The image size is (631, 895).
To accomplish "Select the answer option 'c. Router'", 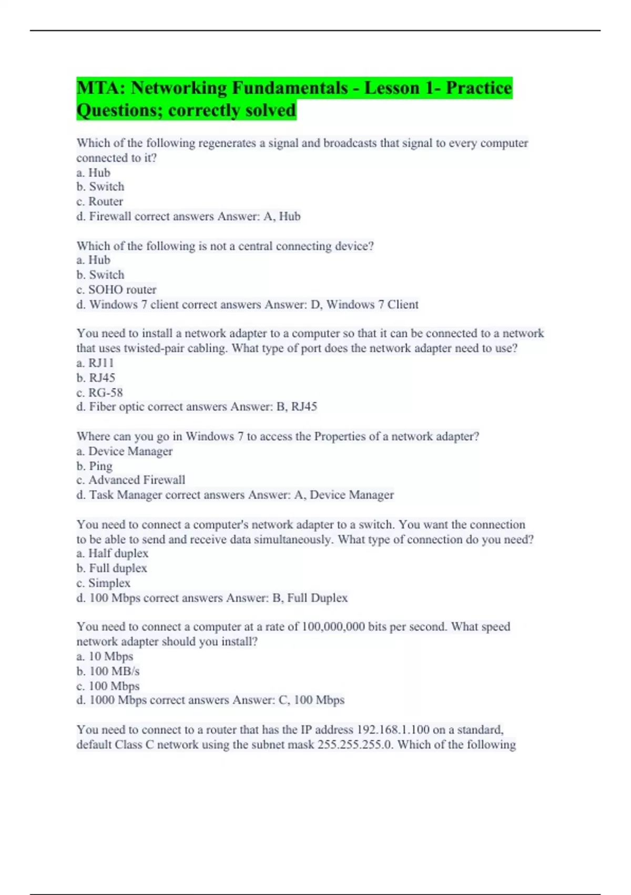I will click(x=100, y=202).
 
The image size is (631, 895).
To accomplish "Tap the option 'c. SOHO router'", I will click(x=116, y=290).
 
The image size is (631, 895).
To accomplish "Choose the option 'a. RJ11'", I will click(x=95, y=363).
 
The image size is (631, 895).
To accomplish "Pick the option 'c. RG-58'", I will click(x=99, y=392).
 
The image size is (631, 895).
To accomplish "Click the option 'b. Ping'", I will click(x=95, y=466).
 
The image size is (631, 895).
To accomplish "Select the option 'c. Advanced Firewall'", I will click(x=131, y=480).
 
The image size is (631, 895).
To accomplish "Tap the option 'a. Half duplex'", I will click(x=113, y=553).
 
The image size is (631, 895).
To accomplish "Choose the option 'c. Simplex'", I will click(x=104, y=583).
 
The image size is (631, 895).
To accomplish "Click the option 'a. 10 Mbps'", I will click(x=105, y=657).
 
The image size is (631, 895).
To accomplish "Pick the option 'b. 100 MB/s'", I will click(x=108, y=671).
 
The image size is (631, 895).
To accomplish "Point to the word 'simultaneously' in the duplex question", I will click(x=293, y=539).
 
